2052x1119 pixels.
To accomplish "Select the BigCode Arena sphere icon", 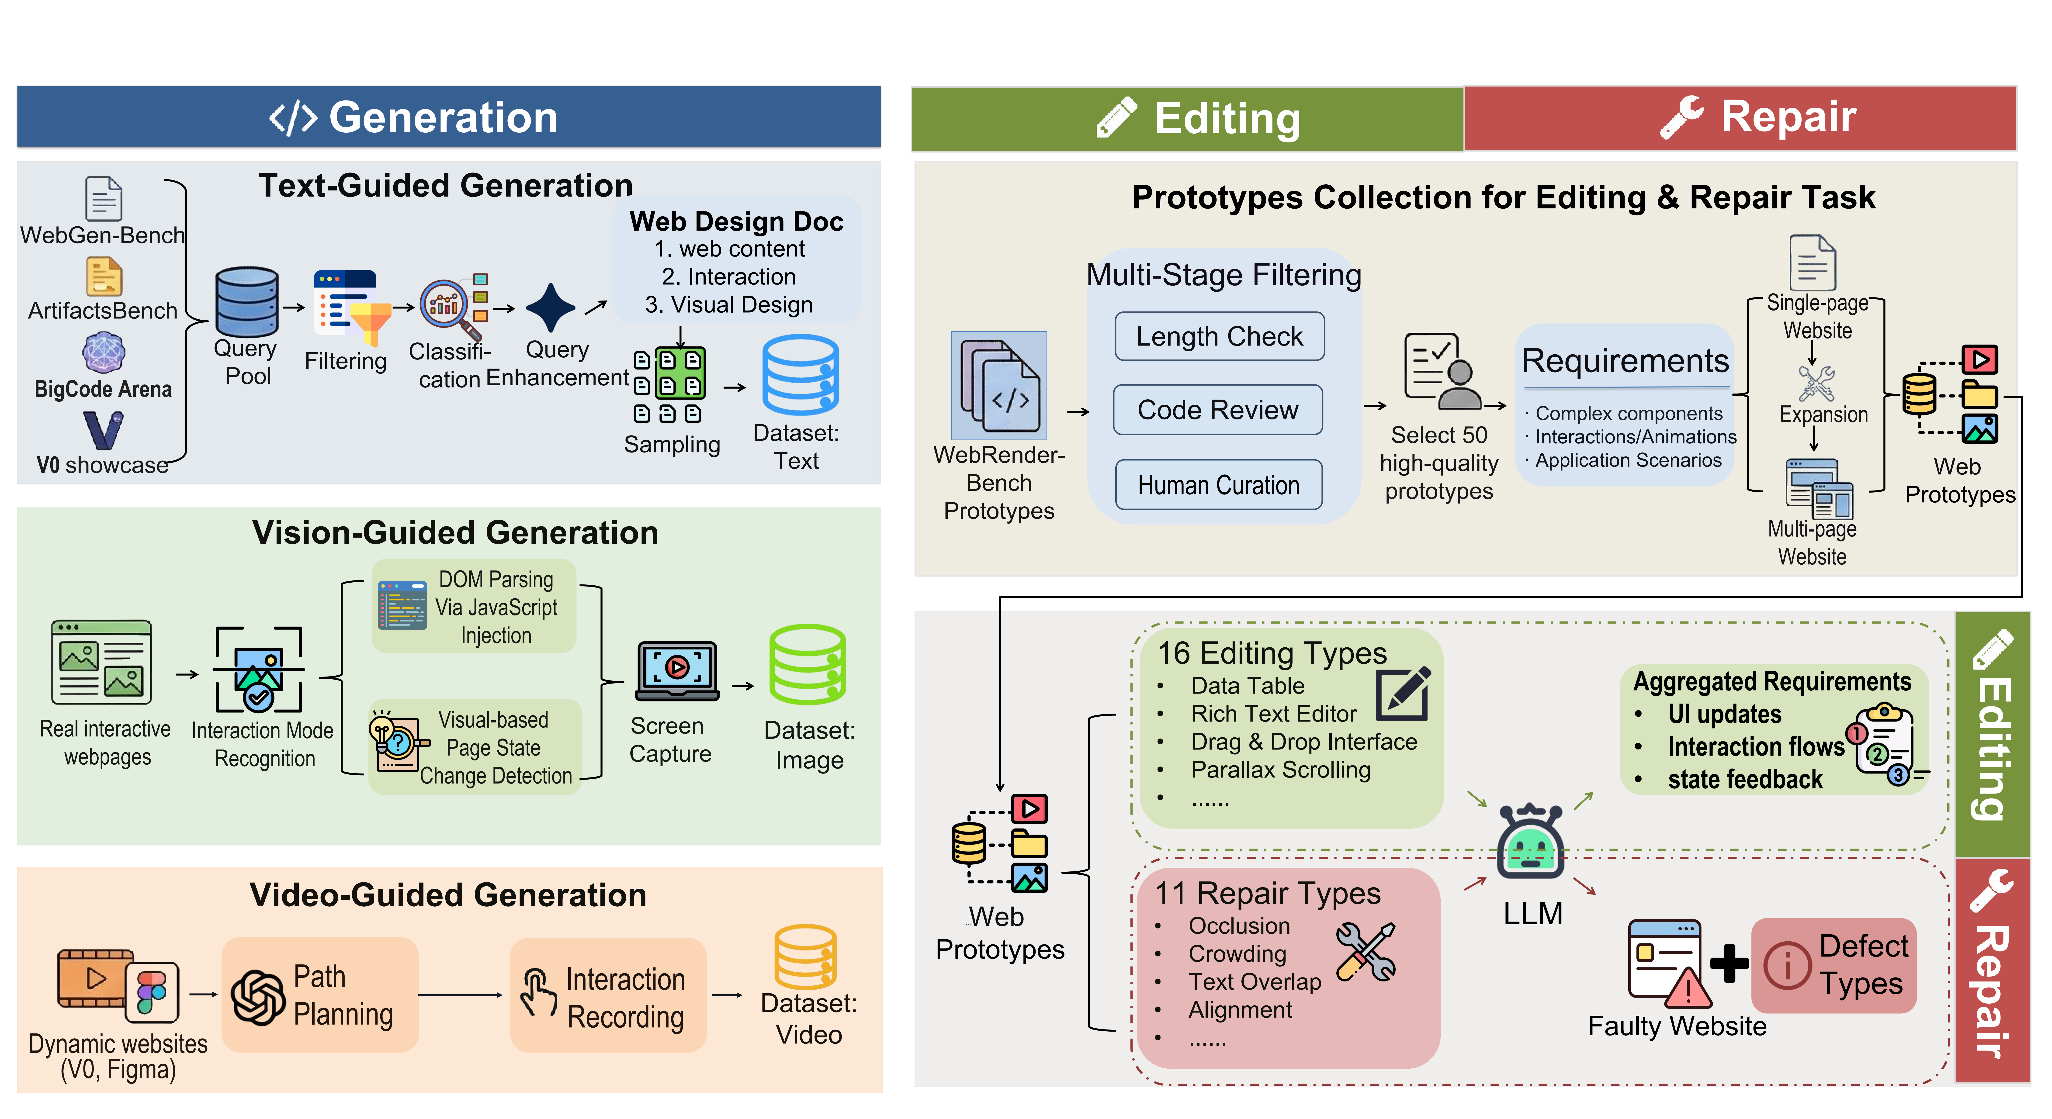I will click(104, 352).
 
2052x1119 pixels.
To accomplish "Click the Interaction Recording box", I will click(608, 995).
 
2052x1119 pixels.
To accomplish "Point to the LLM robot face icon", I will click(1529, 844).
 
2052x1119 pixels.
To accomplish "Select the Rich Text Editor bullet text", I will click(1273, 714).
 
